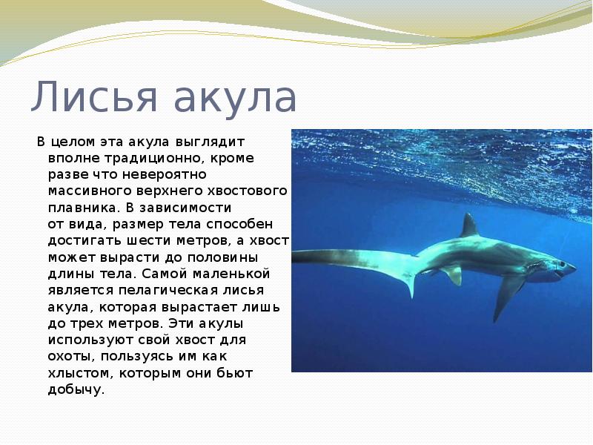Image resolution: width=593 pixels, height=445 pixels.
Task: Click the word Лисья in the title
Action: tap(93, 96)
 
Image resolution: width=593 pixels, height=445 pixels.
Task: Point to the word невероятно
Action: tap(164, 174)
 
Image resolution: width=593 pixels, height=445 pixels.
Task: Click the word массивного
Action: tap(90, 191)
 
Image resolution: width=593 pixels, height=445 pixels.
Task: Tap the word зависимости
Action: tap(185, 208)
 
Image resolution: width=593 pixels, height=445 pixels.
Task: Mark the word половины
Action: tap(223, 257)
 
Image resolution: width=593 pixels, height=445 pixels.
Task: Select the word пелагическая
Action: tap(168, 290)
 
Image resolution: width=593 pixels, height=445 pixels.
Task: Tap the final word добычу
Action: tap(76, 389)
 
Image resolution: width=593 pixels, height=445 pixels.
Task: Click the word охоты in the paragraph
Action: tap(73, 356)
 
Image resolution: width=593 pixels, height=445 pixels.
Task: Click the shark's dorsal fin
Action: tap(469, 225)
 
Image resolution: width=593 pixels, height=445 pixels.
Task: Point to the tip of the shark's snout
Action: tap(577, 269)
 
